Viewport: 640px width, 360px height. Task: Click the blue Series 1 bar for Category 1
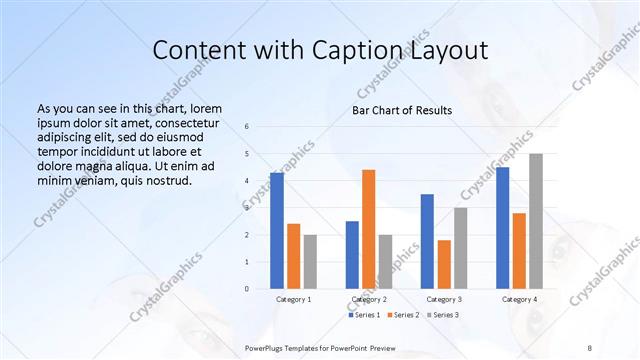pos(276,230)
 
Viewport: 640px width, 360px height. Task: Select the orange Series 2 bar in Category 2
pos(368,229)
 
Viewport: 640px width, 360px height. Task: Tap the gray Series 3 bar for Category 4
pos(536,221)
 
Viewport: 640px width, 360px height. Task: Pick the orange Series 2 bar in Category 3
pos(444,264)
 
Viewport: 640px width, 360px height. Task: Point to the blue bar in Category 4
pos(502,228)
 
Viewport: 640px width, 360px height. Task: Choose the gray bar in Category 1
pos(310,262)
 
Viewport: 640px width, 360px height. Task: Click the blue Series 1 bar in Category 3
pos(427,241)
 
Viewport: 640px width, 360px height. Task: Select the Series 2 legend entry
pos(403,315)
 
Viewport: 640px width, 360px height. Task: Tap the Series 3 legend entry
pos(442,315)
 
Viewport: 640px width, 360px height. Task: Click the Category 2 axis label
pos(368,299)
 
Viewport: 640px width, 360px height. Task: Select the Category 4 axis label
pos(519,299)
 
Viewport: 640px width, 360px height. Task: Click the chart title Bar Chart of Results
pos(402,110)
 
